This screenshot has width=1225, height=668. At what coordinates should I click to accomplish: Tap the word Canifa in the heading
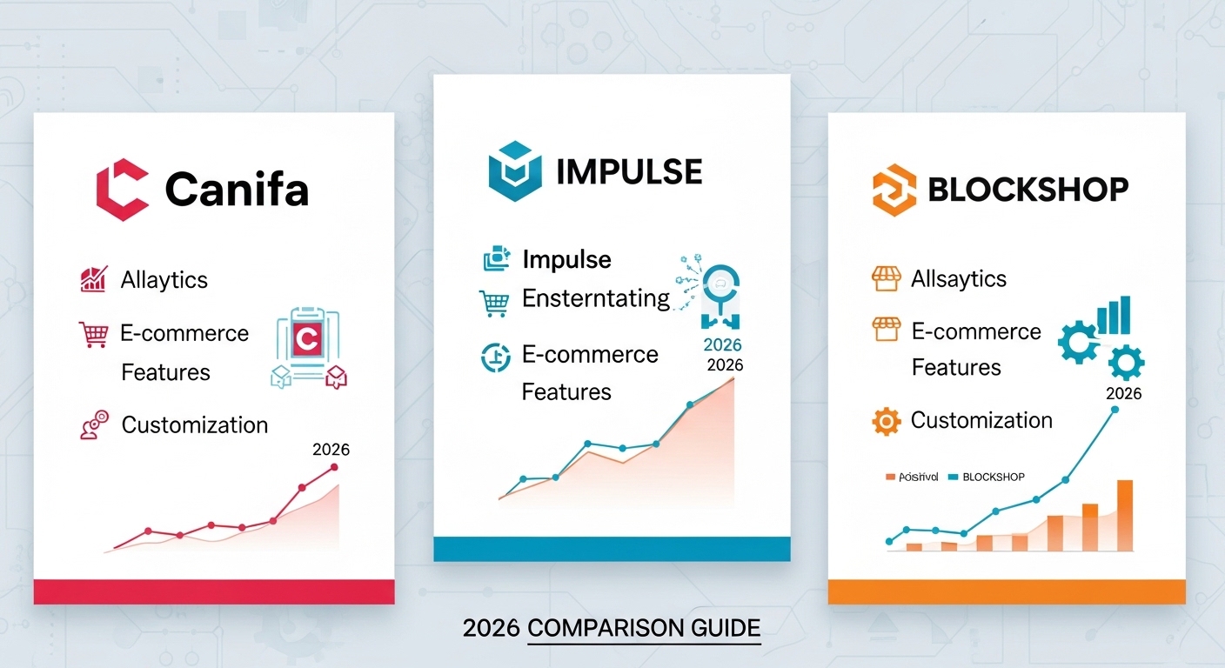point(237,189)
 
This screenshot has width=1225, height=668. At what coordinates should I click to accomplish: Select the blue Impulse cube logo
point(514,171)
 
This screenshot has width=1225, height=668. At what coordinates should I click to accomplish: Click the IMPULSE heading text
point(628,172)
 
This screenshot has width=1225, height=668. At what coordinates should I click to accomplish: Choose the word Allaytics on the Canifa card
point(164,280)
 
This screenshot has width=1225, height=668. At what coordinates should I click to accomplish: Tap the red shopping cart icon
point(92,333)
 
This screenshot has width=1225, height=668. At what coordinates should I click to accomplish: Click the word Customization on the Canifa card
point(194,424)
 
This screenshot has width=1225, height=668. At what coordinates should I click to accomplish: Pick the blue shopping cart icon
point(493,303)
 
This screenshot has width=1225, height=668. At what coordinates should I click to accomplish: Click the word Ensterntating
point(595,299)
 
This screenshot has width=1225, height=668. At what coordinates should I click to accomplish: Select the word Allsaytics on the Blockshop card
point(958,279)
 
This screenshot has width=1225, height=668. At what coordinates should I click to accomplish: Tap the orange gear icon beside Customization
point(885,422)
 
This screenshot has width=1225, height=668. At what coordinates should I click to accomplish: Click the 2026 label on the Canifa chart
point(330,450)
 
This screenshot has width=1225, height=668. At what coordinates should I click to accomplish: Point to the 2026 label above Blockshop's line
point(1123,393)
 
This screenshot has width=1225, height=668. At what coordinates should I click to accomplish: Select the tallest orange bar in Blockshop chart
point(1124,515)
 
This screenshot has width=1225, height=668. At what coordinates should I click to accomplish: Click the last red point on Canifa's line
point(334,468)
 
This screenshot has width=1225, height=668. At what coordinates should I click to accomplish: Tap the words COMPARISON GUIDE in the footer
point(644,628)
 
